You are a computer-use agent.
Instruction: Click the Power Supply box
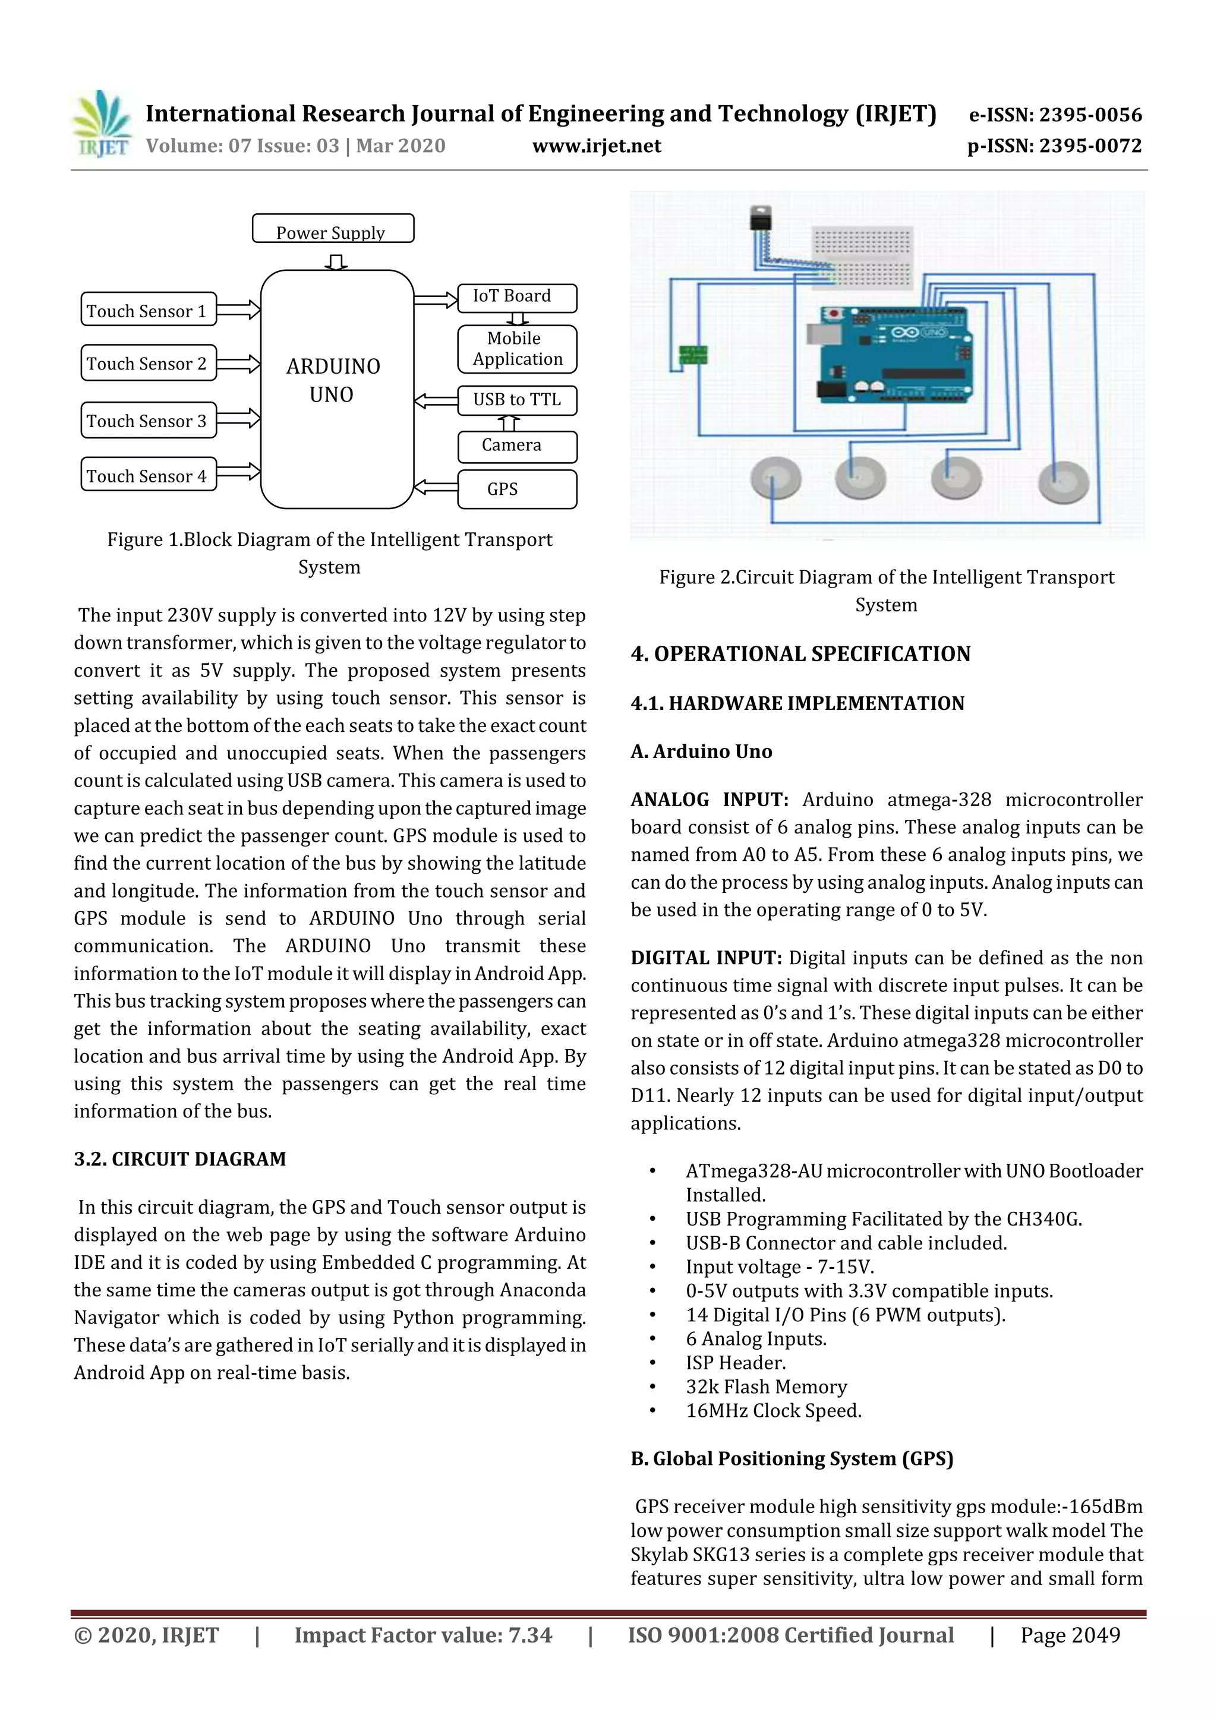(x=333, y=229)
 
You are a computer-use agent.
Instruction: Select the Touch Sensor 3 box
(x=149, y=421)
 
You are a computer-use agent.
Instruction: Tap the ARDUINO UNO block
(x=337, y=389)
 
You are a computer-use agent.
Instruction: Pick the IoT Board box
(x=516, y=298)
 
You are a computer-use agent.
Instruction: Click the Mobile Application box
(x=516, y=349)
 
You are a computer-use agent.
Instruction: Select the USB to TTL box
(x=516, y=400)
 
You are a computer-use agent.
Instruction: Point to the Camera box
(x=516, y=446)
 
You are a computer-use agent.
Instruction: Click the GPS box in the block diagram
(x=516, y=489)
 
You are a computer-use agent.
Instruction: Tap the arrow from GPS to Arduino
(x=436, y=487)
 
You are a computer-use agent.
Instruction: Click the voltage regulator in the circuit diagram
(x=761, y=218)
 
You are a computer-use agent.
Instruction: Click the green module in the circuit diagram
(x=693, y=355)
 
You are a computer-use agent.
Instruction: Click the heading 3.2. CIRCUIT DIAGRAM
(x=180, y=1159)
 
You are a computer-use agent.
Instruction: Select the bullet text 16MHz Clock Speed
(x=773, y=1411)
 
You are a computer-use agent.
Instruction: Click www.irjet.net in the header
(x=596, y=146)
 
